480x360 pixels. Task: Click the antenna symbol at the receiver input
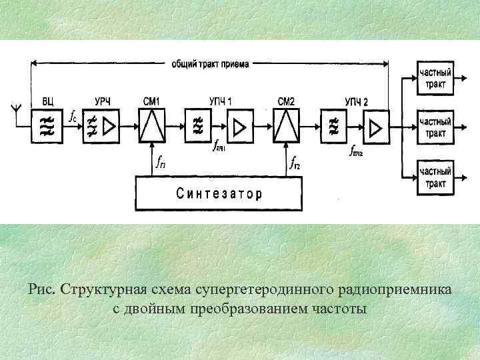pyautogui.click(x=13, y=108)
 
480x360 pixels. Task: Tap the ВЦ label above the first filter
pyautogui.click(x=48, y=101)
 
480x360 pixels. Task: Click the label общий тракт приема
pyautogui.click(x=210, y=65)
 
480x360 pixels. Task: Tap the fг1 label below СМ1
pyautogui.click(x=161, y=162)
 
